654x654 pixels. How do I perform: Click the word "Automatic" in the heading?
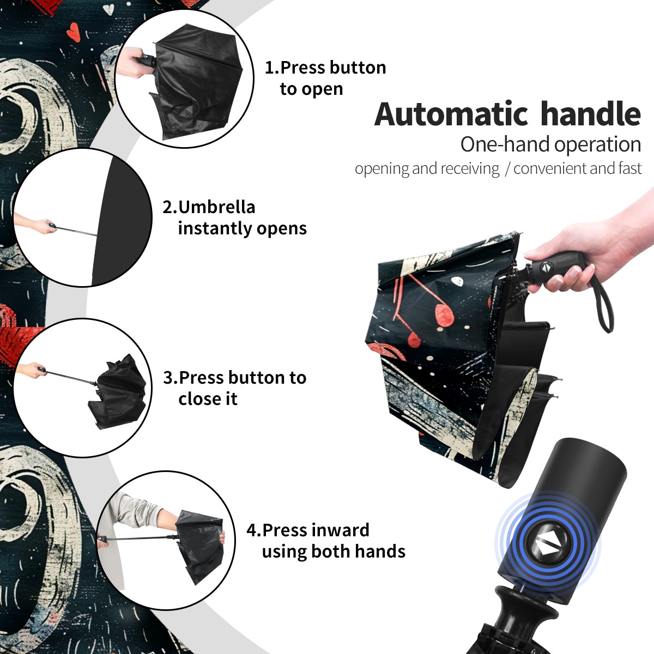[451, 114]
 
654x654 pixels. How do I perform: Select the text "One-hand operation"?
[550, 145]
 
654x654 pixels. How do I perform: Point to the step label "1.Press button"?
[325, 67]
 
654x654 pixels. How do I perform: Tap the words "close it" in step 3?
[208, 399]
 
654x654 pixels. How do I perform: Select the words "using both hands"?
[334, 552]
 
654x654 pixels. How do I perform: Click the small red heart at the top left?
[74, 32]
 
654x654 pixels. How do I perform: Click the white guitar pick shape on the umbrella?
[457, 282]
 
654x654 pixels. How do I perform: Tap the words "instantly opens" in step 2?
[243, 228]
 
